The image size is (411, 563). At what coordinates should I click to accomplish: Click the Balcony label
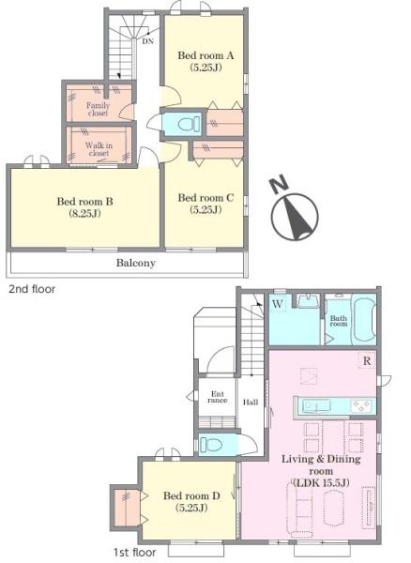pyautogui.click(x=136, y=263)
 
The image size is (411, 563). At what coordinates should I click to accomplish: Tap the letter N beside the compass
pyautogui.click(x=280, y=185)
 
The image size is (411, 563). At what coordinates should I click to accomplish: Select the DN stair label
pyautogui.click(x=147, y=41)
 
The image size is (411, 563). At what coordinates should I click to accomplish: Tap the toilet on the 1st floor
pyautogui.click(x=211, y=445)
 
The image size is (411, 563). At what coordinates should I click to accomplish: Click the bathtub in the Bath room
pyautogui.click(x=364, y=320)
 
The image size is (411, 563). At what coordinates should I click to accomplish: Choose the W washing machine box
pyautogui.click(x=277, y=304)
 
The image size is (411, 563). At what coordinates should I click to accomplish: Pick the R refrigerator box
pyautogui.click(x=367, y=361)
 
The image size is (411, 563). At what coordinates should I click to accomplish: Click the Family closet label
pyautogui.click(x=98, y=109)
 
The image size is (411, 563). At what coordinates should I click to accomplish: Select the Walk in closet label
pyautogui.click(x=99, y=149)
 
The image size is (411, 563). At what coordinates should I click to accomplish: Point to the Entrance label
pyautogui.click(x=217, y=397)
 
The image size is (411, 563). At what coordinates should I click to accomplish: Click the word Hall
pyautogui.click(x=251, y=403)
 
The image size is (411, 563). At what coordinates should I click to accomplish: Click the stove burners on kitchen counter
pyautogui.click(x=361, y=406)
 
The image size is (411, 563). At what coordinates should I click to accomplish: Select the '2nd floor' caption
pyautogui.click(x=32, y=289)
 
